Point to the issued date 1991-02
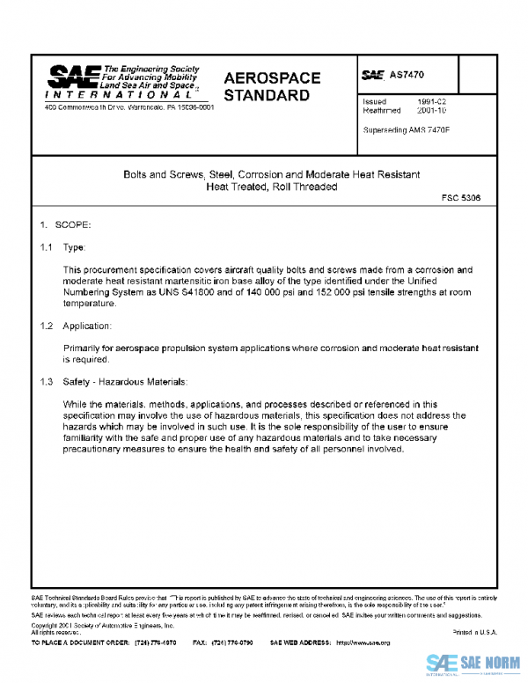pyautogui.click(x=435, y=102)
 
